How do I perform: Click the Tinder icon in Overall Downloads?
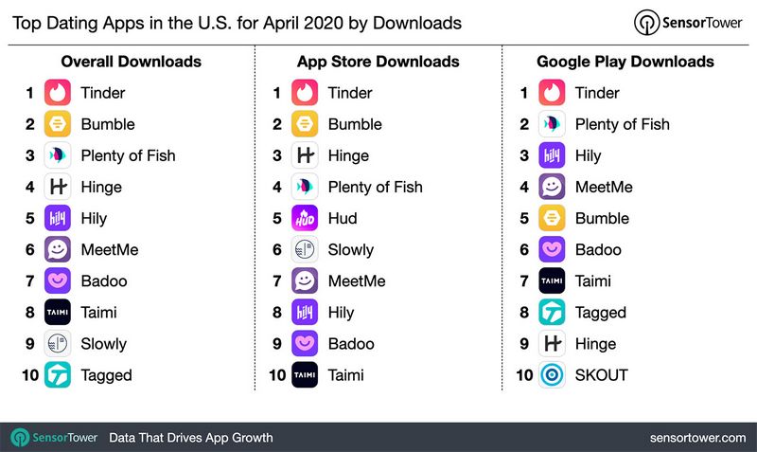pos(59,93)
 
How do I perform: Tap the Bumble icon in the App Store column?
pos(306,124)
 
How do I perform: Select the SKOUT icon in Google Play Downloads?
pos(553,375)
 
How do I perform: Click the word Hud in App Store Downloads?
pos(343,218)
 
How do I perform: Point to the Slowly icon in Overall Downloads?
pos(59,344)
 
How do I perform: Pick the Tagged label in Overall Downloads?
pos(106,375)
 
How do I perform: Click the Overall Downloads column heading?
pos(131,62)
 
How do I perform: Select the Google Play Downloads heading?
pos(625,62)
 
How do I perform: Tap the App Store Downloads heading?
pos(378,62)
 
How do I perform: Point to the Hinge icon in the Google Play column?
pos(553,344)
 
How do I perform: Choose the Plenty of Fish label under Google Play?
pos(622,124)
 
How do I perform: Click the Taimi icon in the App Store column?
pos(306,375)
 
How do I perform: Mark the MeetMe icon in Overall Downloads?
pos(59,250)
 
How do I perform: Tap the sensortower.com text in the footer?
pos(697,438)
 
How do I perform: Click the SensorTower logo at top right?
pos(687,22)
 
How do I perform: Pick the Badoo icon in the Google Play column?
pos(553,250)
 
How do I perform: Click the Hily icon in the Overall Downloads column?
pos(59,218)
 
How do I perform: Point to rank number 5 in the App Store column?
pos(277,218)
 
